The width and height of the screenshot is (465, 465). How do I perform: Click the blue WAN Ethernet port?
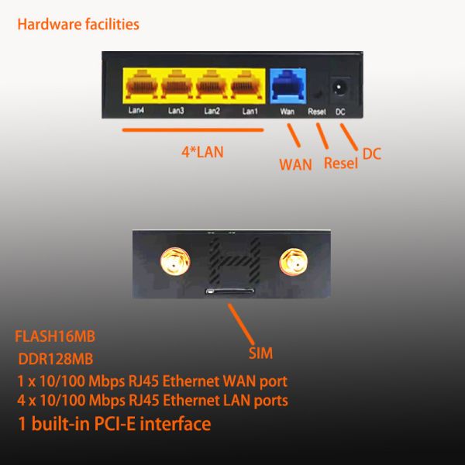point(288,86)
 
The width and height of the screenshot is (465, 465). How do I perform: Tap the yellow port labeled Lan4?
point(142,84)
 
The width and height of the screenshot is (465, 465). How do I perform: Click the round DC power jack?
point(338,88)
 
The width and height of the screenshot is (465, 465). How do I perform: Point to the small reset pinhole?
point(319,95)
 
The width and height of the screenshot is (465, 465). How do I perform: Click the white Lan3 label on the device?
point(176,111)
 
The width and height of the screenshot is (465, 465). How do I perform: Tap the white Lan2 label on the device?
point(212,111)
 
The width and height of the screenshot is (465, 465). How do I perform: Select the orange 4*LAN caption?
point(202,152)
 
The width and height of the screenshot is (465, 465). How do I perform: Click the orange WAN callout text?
point(296,164)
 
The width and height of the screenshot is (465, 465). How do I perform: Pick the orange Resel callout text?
point(341,163)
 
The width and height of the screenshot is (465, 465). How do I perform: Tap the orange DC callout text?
point(372,154)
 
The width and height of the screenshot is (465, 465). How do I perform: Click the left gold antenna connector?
point(175,262)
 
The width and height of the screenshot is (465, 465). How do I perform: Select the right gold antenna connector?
point(293,262)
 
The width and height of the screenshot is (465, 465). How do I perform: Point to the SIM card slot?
point(230,291)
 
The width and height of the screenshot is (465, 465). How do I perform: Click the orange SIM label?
point(260,353)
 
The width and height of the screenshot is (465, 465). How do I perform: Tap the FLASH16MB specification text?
point(55,336)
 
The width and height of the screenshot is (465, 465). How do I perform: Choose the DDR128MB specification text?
point(56,359)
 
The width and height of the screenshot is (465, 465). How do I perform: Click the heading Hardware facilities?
point(78,24)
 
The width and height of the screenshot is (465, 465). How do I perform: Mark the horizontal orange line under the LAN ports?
point(193,130)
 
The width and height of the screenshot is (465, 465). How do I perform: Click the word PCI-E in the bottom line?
point(115,423)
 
